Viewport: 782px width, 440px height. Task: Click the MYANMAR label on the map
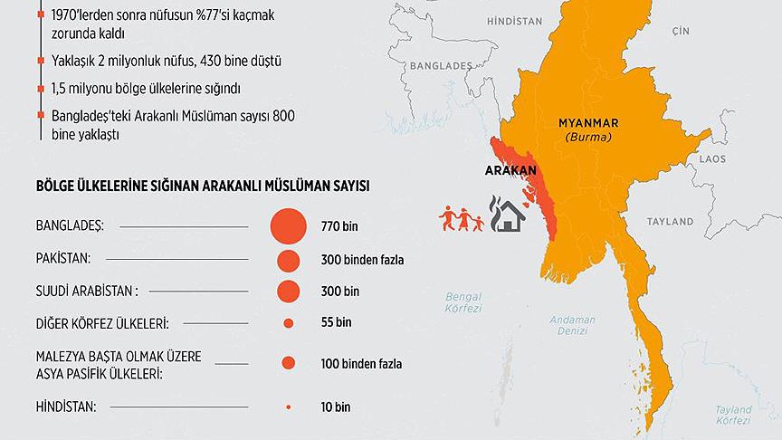(588, 123)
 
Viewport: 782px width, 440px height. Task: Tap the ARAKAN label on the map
(510, 172)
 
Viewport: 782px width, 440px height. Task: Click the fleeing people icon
(461, 217)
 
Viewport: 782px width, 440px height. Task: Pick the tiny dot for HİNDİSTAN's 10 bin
(289, 407)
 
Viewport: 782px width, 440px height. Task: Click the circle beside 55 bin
(289, 322)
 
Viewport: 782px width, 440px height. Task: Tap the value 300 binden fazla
(361, 260)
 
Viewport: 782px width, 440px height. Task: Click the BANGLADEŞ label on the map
(442, 66)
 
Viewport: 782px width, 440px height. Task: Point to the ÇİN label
(680, 31)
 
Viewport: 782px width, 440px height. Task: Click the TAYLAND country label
(669, 221)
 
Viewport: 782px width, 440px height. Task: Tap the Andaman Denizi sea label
(573, 325)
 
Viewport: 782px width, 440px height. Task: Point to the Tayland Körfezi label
(734, 415)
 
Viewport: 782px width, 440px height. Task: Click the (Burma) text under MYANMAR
(588, 138)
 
